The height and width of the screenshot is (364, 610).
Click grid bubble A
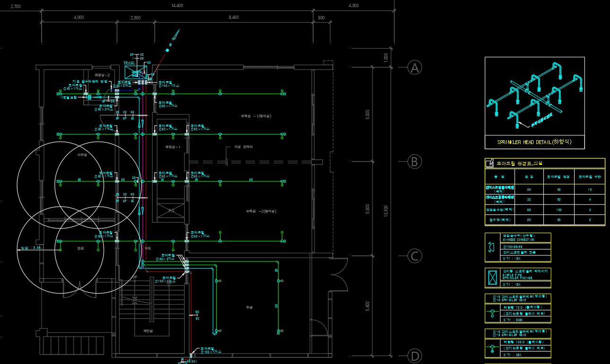[x=415, y=68]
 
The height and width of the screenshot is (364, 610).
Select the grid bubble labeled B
[x=415, y=162]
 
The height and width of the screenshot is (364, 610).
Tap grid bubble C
[x=415, y=256]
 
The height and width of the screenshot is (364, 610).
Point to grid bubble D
[x=415, y=356]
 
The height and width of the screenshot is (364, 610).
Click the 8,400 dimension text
[x=233, y=17]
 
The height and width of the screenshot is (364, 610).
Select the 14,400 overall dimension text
[x=177, y=6]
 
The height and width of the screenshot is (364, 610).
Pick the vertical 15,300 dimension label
[x=386, y=211]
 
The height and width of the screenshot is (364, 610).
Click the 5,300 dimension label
[x=368, y=306]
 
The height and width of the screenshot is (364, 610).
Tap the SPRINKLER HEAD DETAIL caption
[x=534, y=142]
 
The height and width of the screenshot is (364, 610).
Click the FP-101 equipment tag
[x=129, y=63]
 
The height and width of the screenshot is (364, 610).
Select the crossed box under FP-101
[x=136, y=73]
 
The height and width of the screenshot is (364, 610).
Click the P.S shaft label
[x=171, y=211]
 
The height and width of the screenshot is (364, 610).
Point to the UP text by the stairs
[x=135, y=277]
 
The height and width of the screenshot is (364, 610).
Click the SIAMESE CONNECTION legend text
[x=518, y=240]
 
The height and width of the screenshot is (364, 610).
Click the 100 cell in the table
[x=558, y=209]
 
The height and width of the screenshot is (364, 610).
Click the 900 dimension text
[x=321, y=17]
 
